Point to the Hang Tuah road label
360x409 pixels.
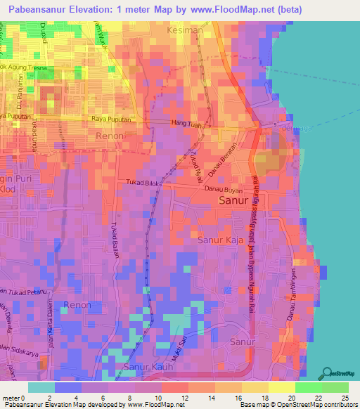pyautogui.click(x=185, y=124)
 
